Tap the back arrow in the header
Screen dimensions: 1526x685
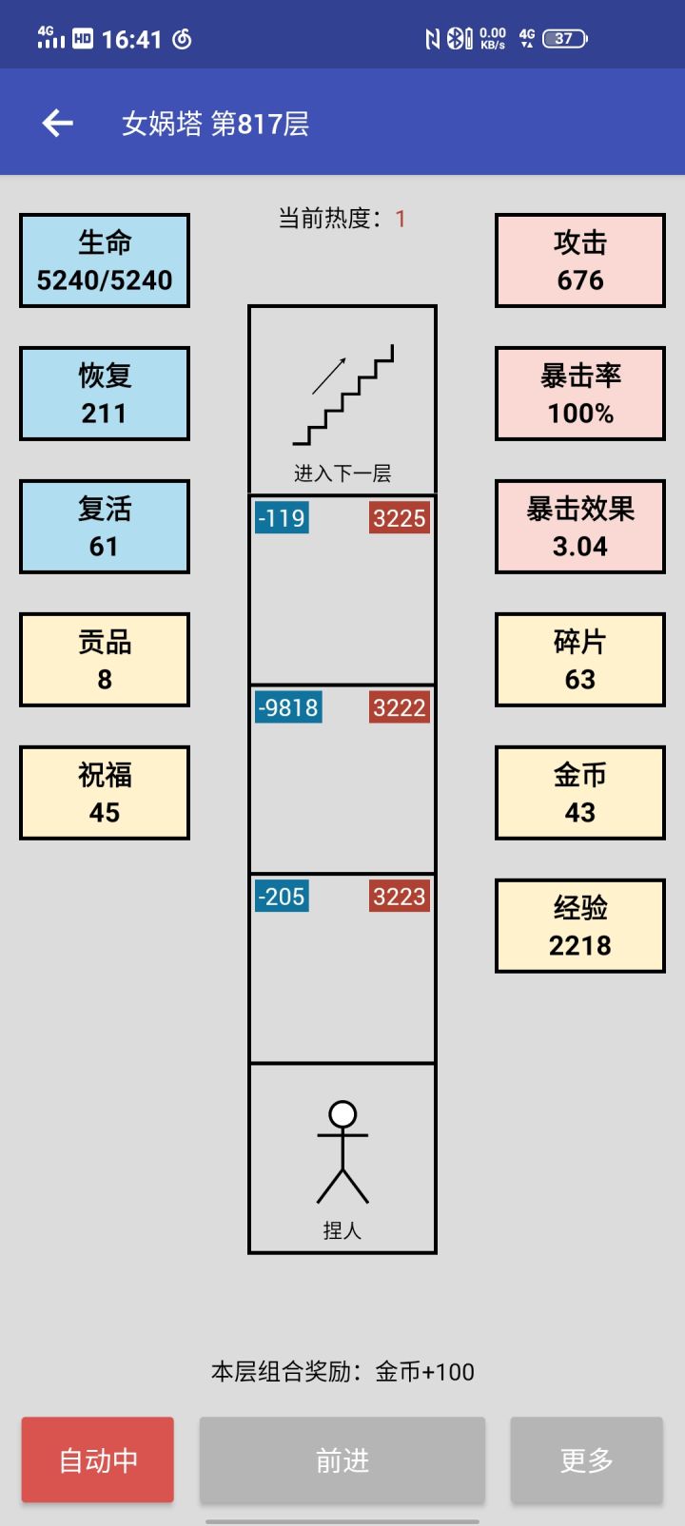click(x=57, y=123)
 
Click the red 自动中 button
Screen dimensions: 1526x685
click(x=98, y=1459)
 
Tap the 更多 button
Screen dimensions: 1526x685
click(x=586, y=1459)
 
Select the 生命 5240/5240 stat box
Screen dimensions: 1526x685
click(x=105, y=261)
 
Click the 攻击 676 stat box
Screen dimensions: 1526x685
click(x=579, y=261)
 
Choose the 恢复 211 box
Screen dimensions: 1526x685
click(x=105, y=394)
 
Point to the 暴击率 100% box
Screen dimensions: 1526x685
click(x=579, y=394)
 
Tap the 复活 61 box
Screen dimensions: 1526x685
click(x=105, y=527)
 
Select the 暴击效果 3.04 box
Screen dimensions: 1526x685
click(x=579, y=527)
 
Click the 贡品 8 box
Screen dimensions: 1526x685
click(x=105, y=660)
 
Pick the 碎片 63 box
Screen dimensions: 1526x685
click(x=579, y=660)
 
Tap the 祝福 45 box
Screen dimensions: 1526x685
click(x=105, y=793)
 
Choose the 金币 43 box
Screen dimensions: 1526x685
click(x=579, y=793)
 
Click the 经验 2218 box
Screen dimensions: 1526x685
click(x=579, y=926)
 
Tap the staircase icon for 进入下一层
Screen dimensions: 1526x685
click(x=342, y=395)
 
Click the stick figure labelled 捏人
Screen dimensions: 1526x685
click(x=342, y=1152)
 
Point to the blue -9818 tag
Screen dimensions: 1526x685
click(x=288, y=707)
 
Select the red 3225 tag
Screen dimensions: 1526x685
click(x=399, y=518)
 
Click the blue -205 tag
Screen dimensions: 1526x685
click(x=282, y=897)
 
